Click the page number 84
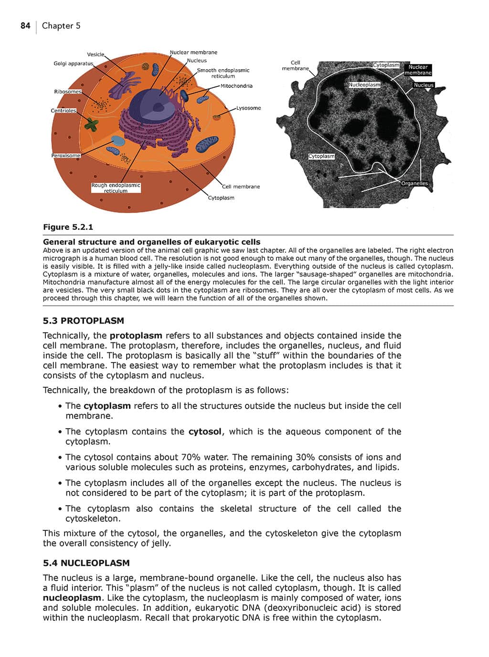click(x=25, y=26)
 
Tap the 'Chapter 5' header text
click(x=61, y=26)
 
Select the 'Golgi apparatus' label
click(x=73, y=64)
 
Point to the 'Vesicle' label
click(x=96, y=54)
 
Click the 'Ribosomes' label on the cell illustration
click(x=68, y=92)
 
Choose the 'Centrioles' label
click(x=64, y=111)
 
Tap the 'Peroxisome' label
click(x=66, y=156)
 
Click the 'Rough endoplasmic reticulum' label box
click(x=116, y=188)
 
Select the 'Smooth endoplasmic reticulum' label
click(x=223, y=73)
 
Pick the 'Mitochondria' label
click(x=236, y=86)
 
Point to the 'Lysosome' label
click(x=248, y=108)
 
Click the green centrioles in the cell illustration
click(x=91, y=125)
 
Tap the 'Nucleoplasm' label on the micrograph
click(x=364, y=85)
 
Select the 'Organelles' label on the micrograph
click(x=414, y=183)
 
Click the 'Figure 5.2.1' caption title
click(x=68, y=227)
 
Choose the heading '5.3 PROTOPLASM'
click(x=83, y=321)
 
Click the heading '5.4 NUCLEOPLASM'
click(x=86, y=563)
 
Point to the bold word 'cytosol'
click(x=205, y=432)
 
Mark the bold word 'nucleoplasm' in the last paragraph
click(x=72, y=598)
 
